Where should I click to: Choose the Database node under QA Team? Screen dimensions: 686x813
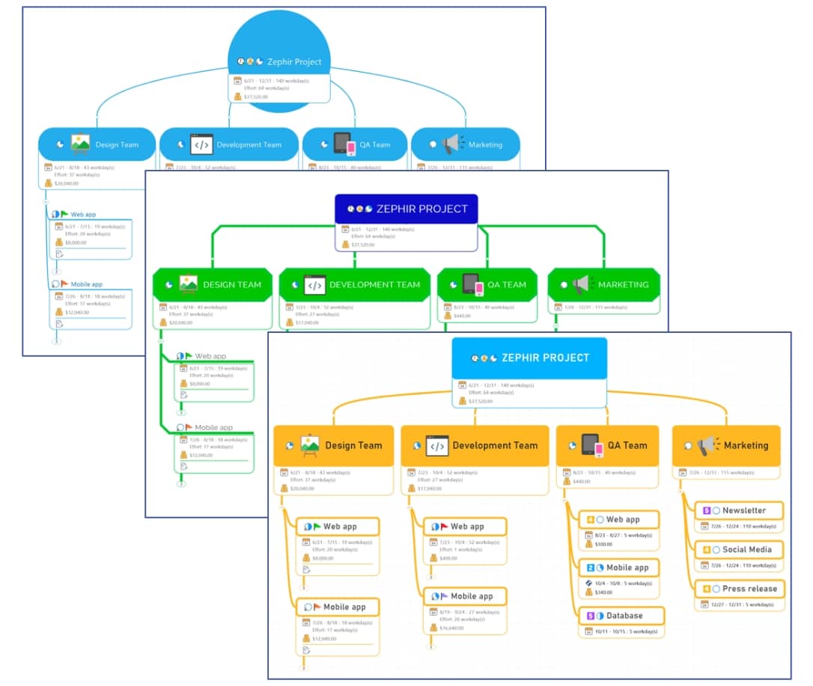tap(621, 616)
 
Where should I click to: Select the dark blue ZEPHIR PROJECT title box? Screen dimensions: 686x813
tap(406, 209)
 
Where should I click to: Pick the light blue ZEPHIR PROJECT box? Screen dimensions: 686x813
tap(529, 358)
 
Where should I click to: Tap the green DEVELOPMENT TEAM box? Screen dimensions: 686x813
tap(355, 284)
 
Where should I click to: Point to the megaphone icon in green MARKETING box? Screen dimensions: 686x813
tap(582, 284)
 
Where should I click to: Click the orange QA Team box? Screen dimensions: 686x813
tap(607, 445)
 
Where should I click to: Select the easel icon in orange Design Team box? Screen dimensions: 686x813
tap(310, 445)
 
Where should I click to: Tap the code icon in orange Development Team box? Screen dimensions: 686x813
tap(437, 446)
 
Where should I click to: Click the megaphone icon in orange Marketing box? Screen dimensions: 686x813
tap(707, 445)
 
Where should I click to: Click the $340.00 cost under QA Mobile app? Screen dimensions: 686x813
tap(603, 592)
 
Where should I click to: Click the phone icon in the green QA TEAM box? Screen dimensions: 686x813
tap(471, 285)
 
